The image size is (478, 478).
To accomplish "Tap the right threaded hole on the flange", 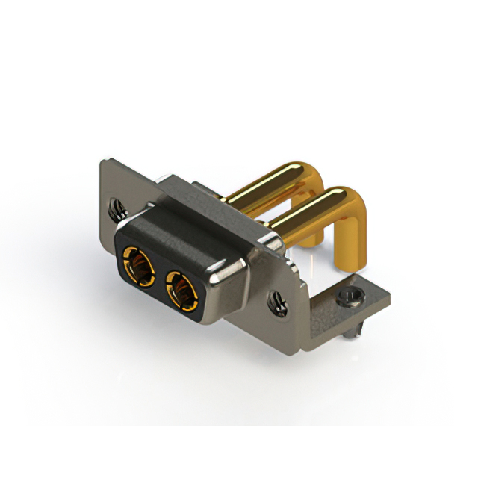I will click(x=277, y=302).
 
